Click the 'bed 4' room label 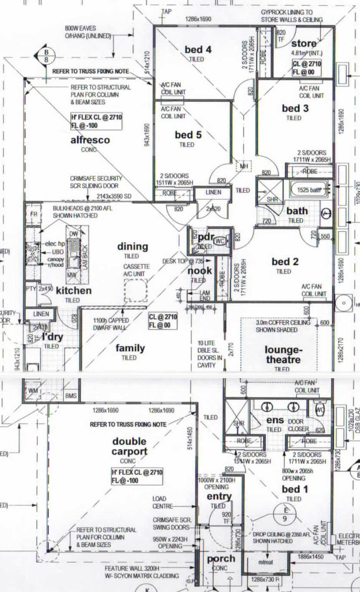pyautogui.click(x=198, y=50)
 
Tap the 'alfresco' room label pyautogui.click(x=90, y=140)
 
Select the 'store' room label pyautogui.click(x=304, y=43)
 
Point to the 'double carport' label pyautogui.click(x=129, y=446)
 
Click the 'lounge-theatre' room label pyautogui.click(x=282, y=355)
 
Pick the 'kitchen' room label pyautogui.click(x=74, y=291)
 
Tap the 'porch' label pyautogui.click(x=221, y=559)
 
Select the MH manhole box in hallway pyautogui.click(x=244, y=166)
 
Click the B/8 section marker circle pyautogui.click(x=46, y=55)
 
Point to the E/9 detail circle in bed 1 pyautogui.click(x=285, y=514)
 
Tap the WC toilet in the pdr pyautogui.click(x=220, y=241)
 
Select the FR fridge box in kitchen pyautogui.click(x=34, y=213)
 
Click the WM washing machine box pyautogui.click(x=32, y=390)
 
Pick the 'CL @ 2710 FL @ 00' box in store pyautogui.click(x=307, y=68)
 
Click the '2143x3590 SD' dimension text pyautogui.click(x=114, y=197)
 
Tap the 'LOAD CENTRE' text pyautogui.click(x=159, y=502)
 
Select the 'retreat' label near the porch pyautogui.click(x=265, y=562)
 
